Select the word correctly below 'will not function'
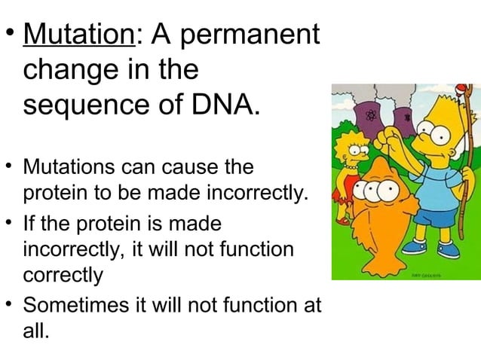(63, 275)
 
